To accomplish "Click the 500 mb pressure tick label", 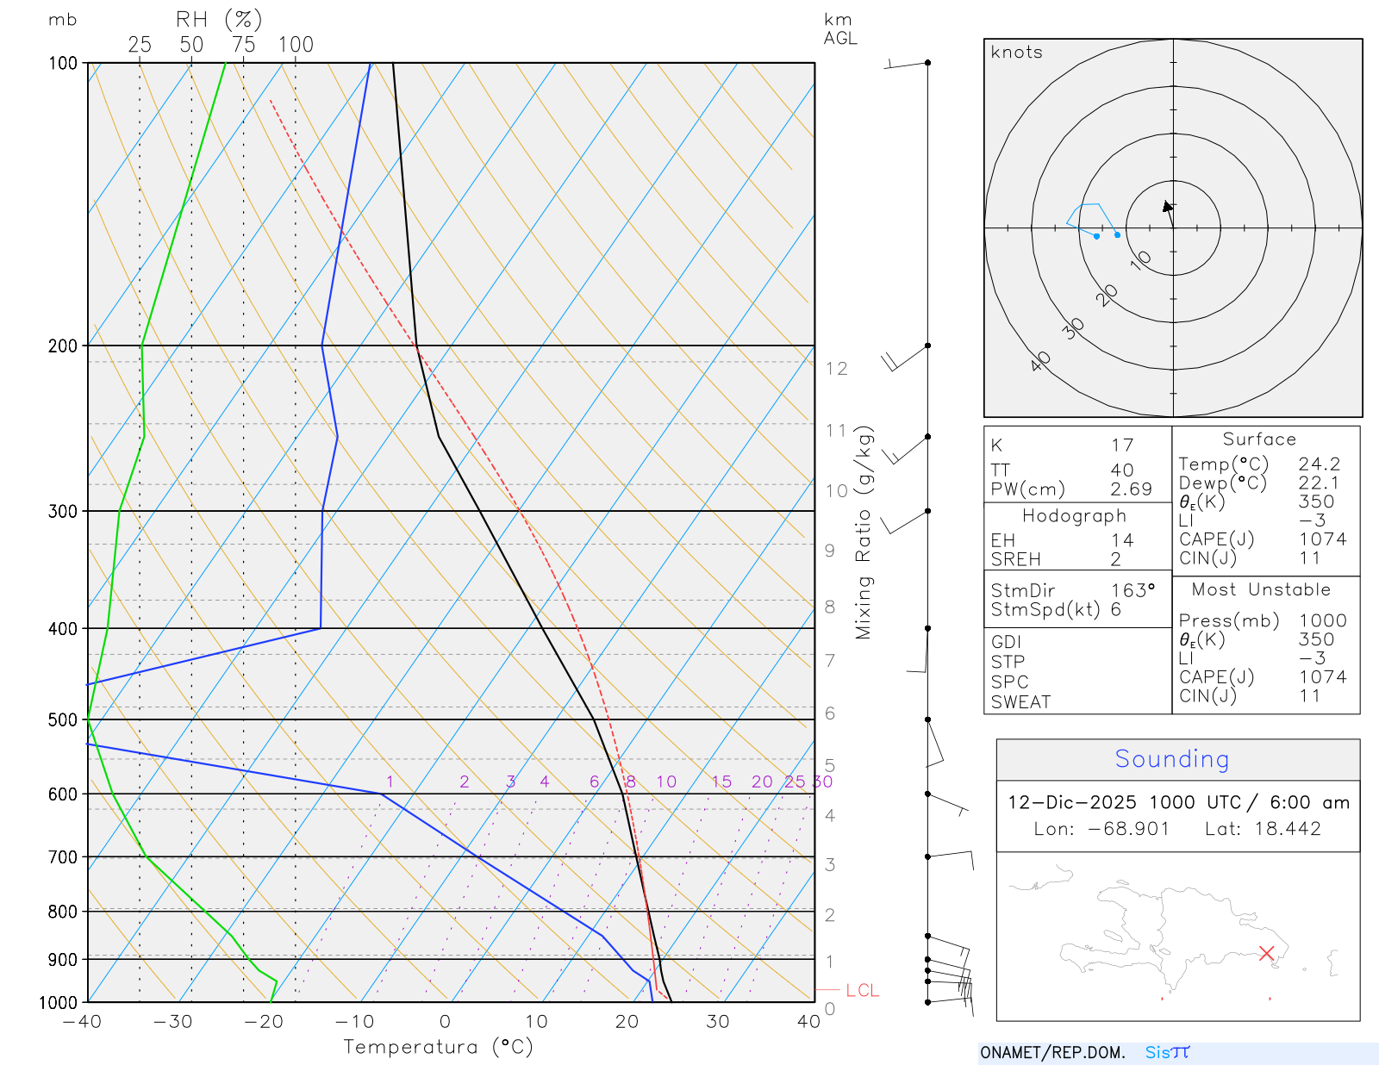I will (x=62, y=719).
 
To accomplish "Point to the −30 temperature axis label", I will (x=172, y=1022).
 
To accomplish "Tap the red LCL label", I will (x=862, y=991).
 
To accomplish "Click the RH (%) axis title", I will (x=219, y=20).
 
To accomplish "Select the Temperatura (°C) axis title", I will (x=438, y=1047).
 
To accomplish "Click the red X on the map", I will (x=1266, y=953).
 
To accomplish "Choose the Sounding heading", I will (x=1172, y=759).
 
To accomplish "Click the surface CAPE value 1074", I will (x=1322, y=539).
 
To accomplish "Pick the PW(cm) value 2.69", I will (x=1131, y=489).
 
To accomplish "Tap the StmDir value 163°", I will (x=1133, y=591).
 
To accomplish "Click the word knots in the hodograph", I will (x=1017, y=53).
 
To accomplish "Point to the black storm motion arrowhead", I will (x=1167, y=207).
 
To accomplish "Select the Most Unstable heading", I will (x=1261, y=590).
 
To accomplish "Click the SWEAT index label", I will (x=1020, y=702).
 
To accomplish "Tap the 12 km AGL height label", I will (x=836, y=369).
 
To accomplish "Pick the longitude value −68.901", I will (x=1128, y=829).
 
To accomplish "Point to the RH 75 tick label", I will (x=244, y=45).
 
